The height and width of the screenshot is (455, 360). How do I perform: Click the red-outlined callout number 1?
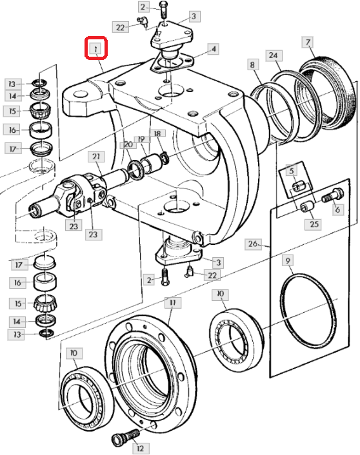96,48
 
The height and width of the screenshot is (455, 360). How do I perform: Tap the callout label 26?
253,244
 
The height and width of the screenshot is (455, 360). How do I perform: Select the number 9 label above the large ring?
288,260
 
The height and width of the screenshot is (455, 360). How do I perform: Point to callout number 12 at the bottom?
141,449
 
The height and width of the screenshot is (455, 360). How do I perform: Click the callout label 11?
173,303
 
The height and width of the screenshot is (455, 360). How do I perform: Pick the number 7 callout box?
308,43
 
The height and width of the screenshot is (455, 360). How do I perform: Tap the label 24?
274,55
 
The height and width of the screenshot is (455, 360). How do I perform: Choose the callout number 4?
214,49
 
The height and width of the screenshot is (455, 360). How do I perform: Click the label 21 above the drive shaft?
96,157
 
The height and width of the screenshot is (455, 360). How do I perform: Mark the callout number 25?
314,224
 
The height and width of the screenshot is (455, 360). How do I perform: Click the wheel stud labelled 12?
126,438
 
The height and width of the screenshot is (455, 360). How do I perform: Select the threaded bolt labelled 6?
332,195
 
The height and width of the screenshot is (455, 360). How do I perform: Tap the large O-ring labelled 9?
308,311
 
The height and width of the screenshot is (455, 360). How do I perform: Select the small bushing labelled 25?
307,206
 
